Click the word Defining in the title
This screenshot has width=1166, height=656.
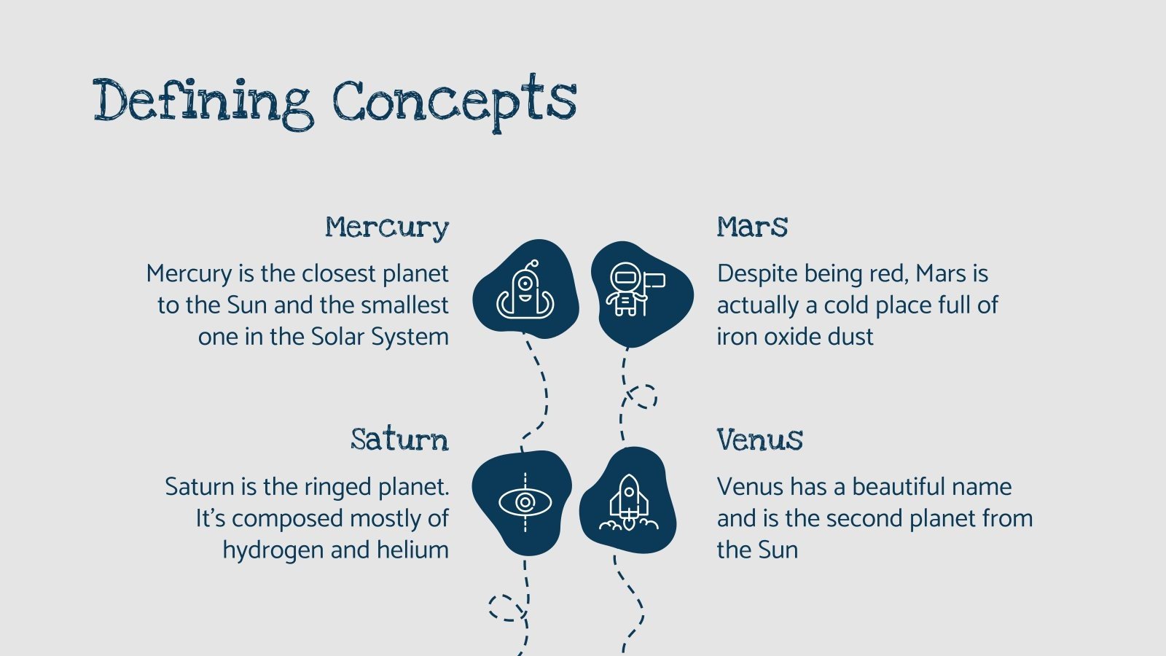click(203, 102)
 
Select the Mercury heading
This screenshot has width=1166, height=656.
click(387, 227)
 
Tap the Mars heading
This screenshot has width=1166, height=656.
click(752, 227)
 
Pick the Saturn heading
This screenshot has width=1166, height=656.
click(399, 440)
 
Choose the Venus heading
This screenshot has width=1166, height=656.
click(759, 440)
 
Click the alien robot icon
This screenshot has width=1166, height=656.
click(525, 290)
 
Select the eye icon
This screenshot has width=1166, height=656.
click(525, 502)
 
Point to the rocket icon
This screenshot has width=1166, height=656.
click(628, 502)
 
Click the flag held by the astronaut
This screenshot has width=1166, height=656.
click(654, 281)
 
